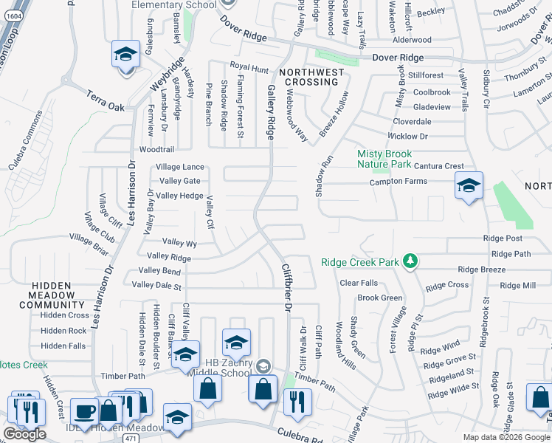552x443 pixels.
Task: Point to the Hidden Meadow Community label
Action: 63,295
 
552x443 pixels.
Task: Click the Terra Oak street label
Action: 106,100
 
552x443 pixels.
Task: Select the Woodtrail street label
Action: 156,149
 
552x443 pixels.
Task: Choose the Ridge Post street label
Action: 503,238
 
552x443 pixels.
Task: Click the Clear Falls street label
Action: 359,283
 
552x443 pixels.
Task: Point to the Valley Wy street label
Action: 179,242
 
